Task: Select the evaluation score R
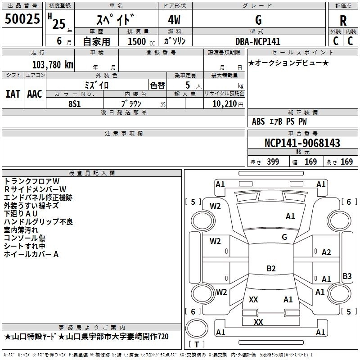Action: (x=343, y=20)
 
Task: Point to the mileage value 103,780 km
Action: (x=53, y=65)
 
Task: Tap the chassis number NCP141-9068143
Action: (x=302, y=144)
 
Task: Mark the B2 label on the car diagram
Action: (x=271, y=269)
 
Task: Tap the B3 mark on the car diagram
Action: (x=347, y=276)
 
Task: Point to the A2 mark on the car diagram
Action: (x=326, y=252)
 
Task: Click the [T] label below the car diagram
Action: (x=196, y=344)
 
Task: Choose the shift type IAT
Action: (x=13, y=94)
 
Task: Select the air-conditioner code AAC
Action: (x=35, y=94)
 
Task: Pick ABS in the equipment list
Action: (x=258, y=121)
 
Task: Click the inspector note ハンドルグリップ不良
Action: (x=38, y=221)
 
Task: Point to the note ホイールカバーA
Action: (x=31, y=254)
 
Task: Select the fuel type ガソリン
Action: (x=175, y=41)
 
